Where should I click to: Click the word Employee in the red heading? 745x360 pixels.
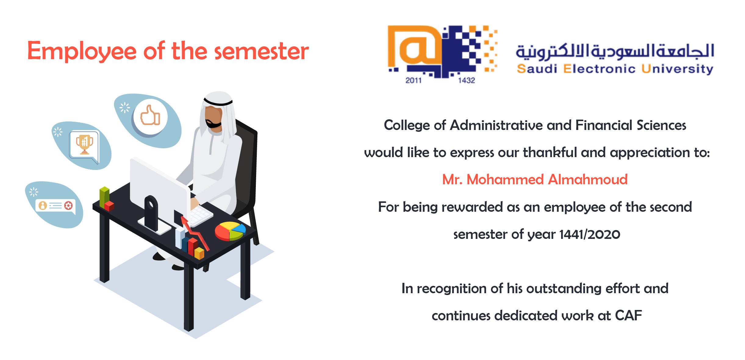pos(82,51)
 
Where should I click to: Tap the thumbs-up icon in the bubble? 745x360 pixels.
pos(150,115)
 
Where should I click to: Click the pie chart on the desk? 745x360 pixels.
pos(230,231)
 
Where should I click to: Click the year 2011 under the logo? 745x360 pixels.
pos(413,80)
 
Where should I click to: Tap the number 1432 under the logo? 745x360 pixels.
pos(466,80)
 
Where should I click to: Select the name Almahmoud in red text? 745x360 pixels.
pos(588,179)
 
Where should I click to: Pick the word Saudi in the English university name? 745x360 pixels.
pos(537,69)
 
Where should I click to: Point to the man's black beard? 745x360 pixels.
pos(213,124)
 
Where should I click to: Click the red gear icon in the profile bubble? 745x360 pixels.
pos(69,205)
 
